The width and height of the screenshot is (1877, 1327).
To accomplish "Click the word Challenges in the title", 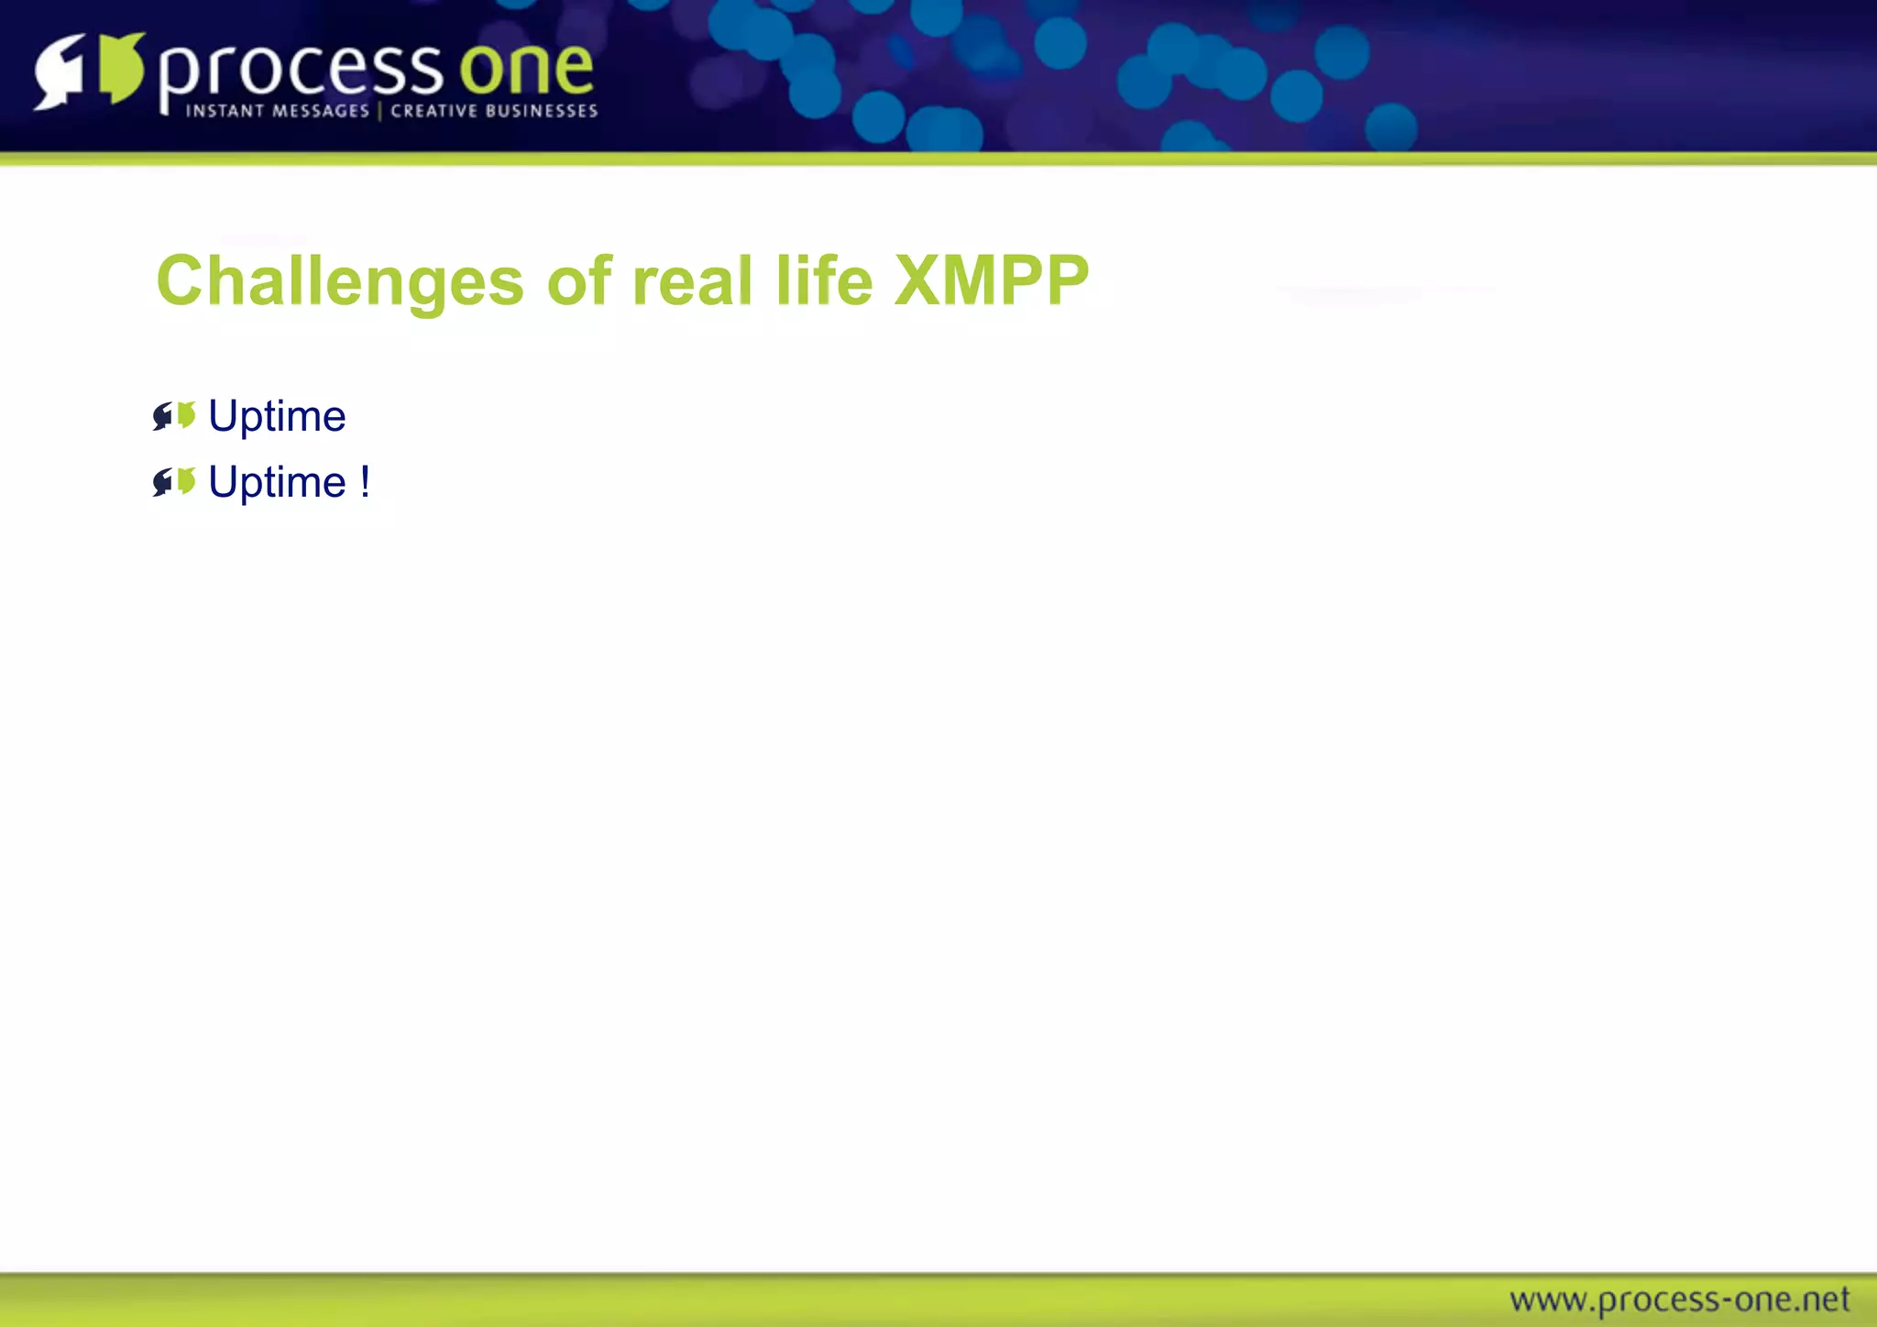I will click(x=339, y=280).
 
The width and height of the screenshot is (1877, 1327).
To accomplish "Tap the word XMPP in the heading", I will click(x=991, y=280).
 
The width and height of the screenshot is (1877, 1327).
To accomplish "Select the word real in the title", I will click(x=692, y=280).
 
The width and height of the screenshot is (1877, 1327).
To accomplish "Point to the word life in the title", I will click(x=823, y=280).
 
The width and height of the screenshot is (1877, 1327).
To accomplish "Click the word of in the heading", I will click(x=578, y=280).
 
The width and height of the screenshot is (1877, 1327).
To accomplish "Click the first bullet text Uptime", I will click(x=277, y=417).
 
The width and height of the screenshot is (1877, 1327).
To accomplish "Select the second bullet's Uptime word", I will click(x=277, y=483).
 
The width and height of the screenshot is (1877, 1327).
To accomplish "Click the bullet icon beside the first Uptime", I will click(x=174, y=416).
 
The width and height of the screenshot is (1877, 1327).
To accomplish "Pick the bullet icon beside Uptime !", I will click(x=174, y=482).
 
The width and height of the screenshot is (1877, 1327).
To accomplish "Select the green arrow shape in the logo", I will click(x=122, y=68).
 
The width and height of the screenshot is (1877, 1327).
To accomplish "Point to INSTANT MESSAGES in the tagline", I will click(x=277, y=111).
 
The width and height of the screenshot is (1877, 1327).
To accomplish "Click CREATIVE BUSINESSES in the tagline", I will click(x=494, y=111).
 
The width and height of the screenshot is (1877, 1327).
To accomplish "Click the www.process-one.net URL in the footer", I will click(x=1679, y=1300).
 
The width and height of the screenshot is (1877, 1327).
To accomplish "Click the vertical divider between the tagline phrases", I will click(x=379, y=111).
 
